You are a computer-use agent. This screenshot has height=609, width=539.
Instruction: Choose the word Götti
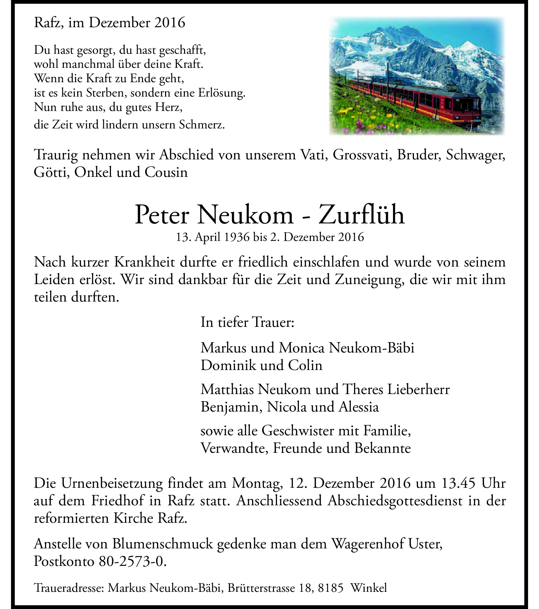52,172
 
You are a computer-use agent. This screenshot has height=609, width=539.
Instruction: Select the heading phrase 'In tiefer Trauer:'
247,322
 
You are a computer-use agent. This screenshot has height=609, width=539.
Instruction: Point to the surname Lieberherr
418,389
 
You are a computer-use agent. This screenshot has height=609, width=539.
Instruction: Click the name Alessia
359,407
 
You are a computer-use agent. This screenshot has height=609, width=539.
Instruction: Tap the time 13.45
458,483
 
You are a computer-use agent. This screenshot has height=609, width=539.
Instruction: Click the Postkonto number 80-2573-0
132,561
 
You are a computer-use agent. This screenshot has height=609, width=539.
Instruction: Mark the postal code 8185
330,588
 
